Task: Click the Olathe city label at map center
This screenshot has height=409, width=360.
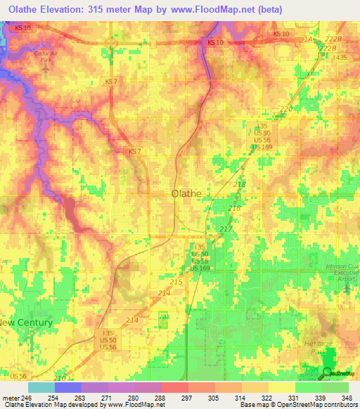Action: tap(186, 193)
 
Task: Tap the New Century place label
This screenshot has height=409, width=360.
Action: tap(26, 323)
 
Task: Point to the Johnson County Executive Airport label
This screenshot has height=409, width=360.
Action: tap(341, 272)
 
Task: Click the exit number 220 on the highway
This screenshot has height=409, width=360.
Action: tap(286, 109)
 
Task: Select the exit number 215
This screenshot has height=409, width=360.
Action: tap(176, 281)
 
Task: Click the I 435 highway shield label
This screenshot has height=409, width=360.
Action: tap(340, 57)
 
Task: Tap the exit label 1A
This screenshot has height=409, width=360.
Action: tap(307, 40)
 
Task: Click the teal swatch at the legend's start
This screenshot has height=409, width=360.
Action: tap(41, 387)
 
